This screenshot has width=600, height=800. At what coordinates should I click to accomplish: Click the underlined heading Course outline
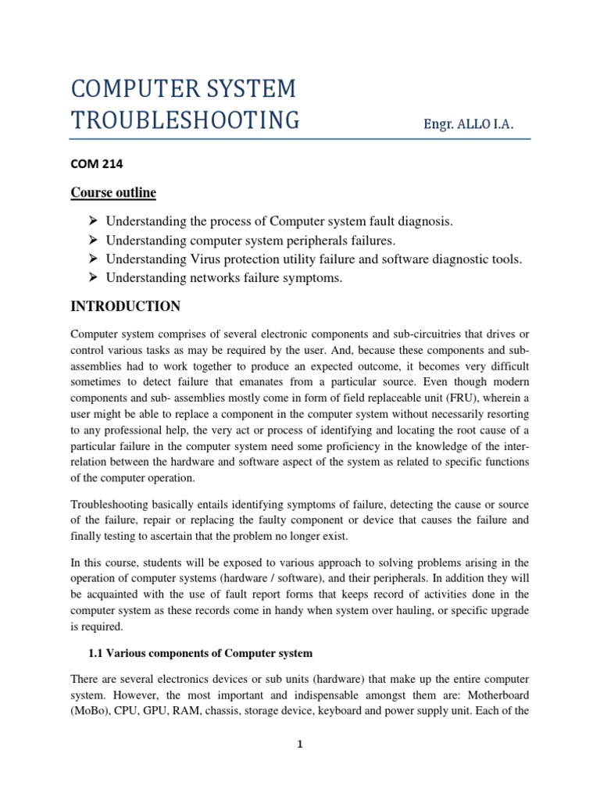pyautogui.click(x=113, y=192)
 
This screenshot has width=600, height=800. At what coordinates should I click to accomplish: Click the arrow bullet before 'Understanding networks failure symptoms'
pyautogui.click(x=92, y=278)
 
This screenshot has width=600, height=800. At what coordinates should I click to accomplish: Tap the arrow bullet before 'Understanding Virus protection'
pyautogui.click(x=92, y=259)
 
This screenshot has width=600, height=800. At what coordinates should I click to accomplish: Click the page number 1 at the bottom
pyautogui.click(x=299, y=745)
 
